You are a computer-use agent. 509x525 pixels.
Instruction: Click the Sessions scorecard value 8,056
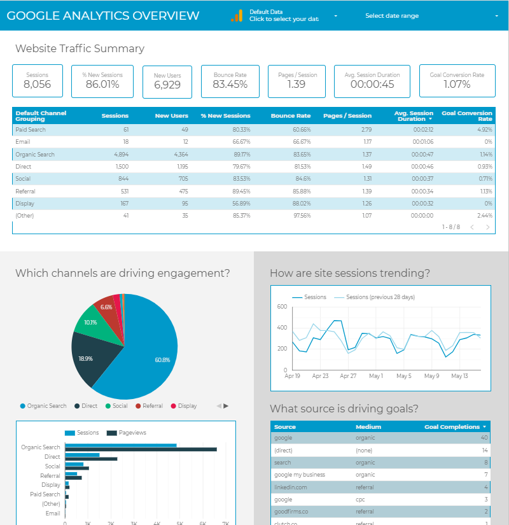point(37,85)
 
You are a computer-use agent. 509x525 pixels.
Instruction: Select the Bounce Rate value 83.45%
point(230,85)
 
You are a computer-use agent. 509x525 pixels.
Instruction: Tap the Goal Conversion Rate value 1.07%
point(457,85)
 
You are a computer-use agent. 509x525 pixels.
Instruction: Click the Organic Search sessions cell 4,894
point(116,155)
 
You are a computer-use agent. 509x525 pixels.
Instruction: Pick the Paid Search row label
point(31,130)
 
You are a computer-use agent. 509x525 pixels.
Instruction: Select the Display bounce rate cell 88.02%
point(298,204)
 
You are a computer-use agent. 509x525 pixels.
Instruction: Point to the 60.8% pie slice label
point(162,360)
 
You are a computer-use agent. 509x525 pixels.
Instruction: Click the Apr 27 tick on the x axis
point(347,376)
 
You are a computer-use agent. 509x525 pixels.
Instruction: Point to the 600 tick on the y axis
point(282,307)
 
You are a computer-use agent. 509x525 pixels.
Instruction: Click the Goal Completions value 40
point(484,438)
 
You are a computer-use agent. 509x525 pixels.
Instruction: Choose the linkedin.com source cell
point(291,487)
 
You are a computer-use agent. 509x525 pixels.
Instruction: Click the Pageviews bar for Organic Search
point(141,449)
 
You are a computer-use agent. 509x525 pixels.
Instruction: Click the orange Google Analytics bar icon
point(237,16)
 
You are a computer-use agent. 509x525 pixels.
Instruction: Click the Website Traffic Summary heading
point(80,48)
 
